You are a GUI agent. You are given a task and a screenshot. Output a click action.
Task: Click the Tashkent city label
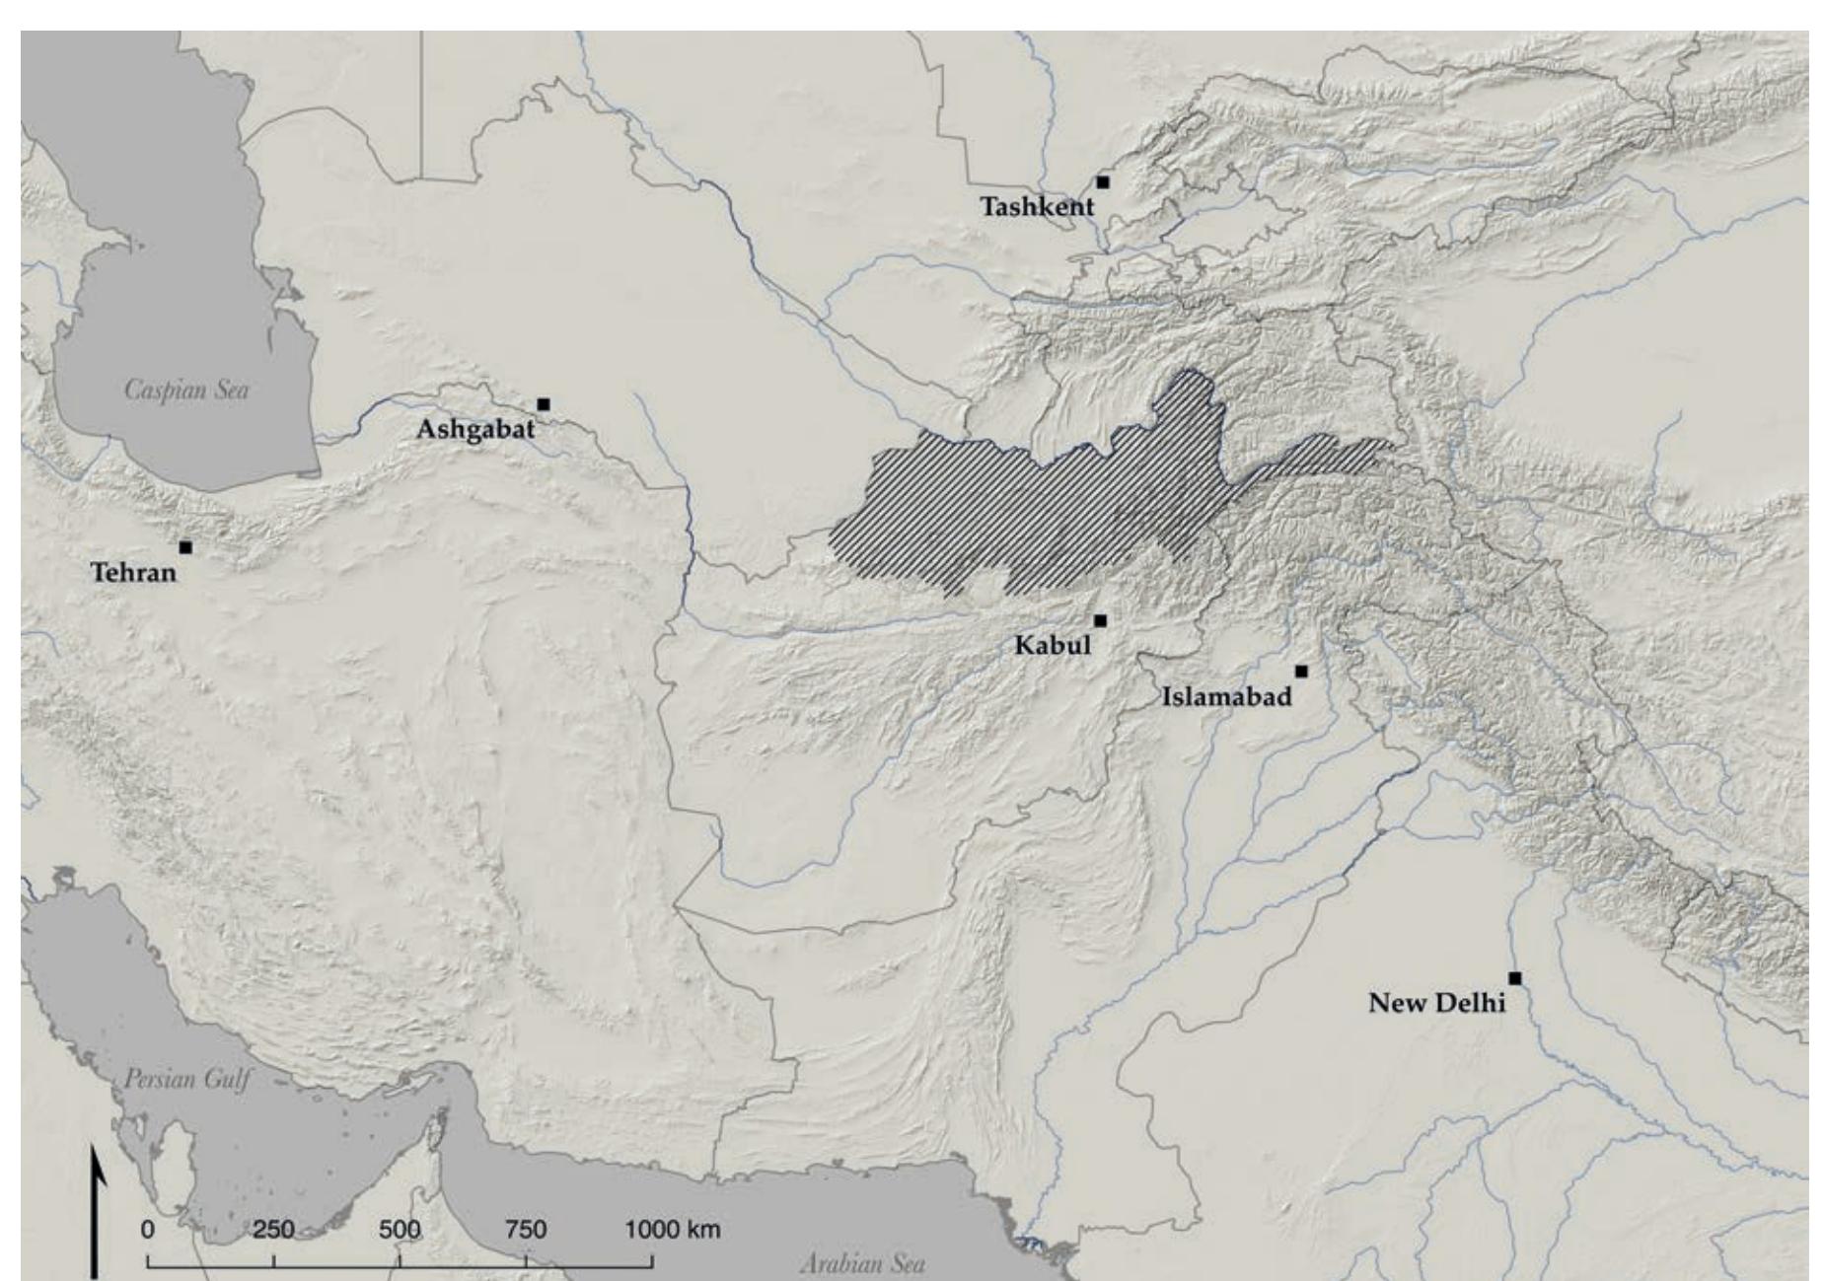coord(1037,207)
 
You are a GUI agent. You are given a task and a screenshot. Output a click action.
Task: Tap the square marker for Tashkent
coord(1103,182)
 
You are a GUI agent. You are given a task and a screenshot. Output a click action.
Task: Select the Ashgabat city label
coord(475,430)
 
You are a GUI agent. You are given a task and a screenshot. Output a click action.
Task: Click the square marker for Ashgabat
coord(544,404)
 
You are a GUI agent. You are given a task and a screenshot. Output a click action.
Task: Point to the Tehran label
coord(133,572)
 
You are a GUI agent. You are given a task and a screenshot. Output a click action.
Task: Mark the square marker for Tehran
coord(185,547)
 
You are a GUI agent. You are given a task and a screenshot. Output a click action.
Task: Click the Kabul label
coord(1053,646)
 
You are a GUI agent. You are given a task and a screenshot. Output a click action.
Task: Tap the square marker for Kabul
coord(1101,620)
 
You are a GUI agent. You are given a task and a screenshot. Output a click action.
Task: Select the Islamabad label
coord(1226,697)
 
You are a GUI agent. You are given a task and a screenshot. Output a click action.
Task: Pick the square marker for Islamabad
coord(1301,672)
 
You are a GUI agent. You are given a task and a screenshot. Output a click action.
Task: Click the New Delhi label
coord(1436,1004)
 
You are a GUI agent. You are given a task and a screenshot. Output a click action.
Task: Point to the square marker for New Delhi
coord(1515,978)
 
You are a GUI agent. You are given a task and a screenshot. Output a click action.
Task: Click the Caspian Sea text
coord(186,390)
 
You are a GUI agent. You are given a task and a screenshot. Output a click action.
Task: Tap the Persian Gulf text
coord(187,1079)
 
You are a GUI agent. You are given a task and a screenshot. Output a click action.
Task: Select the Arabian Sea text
coord(862,1263)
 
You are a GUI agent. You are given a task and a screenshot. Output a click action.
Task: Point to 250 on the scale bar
coord(273,1230)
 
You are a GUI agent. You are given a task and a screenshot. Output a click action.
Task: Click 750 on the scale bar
coord(526,1230)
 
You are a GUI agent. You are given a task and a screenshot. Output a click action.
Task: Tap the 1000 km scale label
coord(672,1230)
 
